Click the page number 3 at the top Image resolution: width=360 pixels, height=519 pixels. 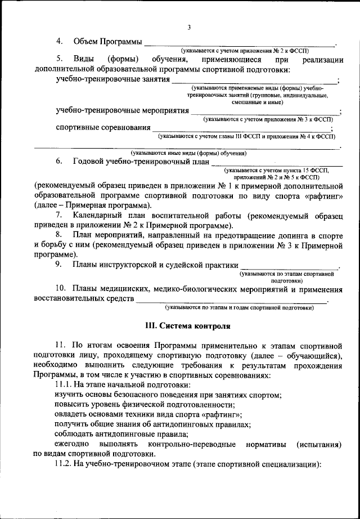point(190,28)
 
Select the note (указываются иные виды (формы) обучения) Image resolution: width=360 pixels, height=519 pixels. point(188,153)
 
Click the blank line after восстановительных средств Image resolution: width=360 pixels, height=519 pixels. point(231,302)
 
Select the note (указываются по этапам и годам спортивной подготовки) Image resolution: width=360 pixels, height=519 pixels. point(238,308)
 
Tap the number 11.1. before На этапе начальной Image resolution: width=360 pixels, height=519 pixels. point(66,384)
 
